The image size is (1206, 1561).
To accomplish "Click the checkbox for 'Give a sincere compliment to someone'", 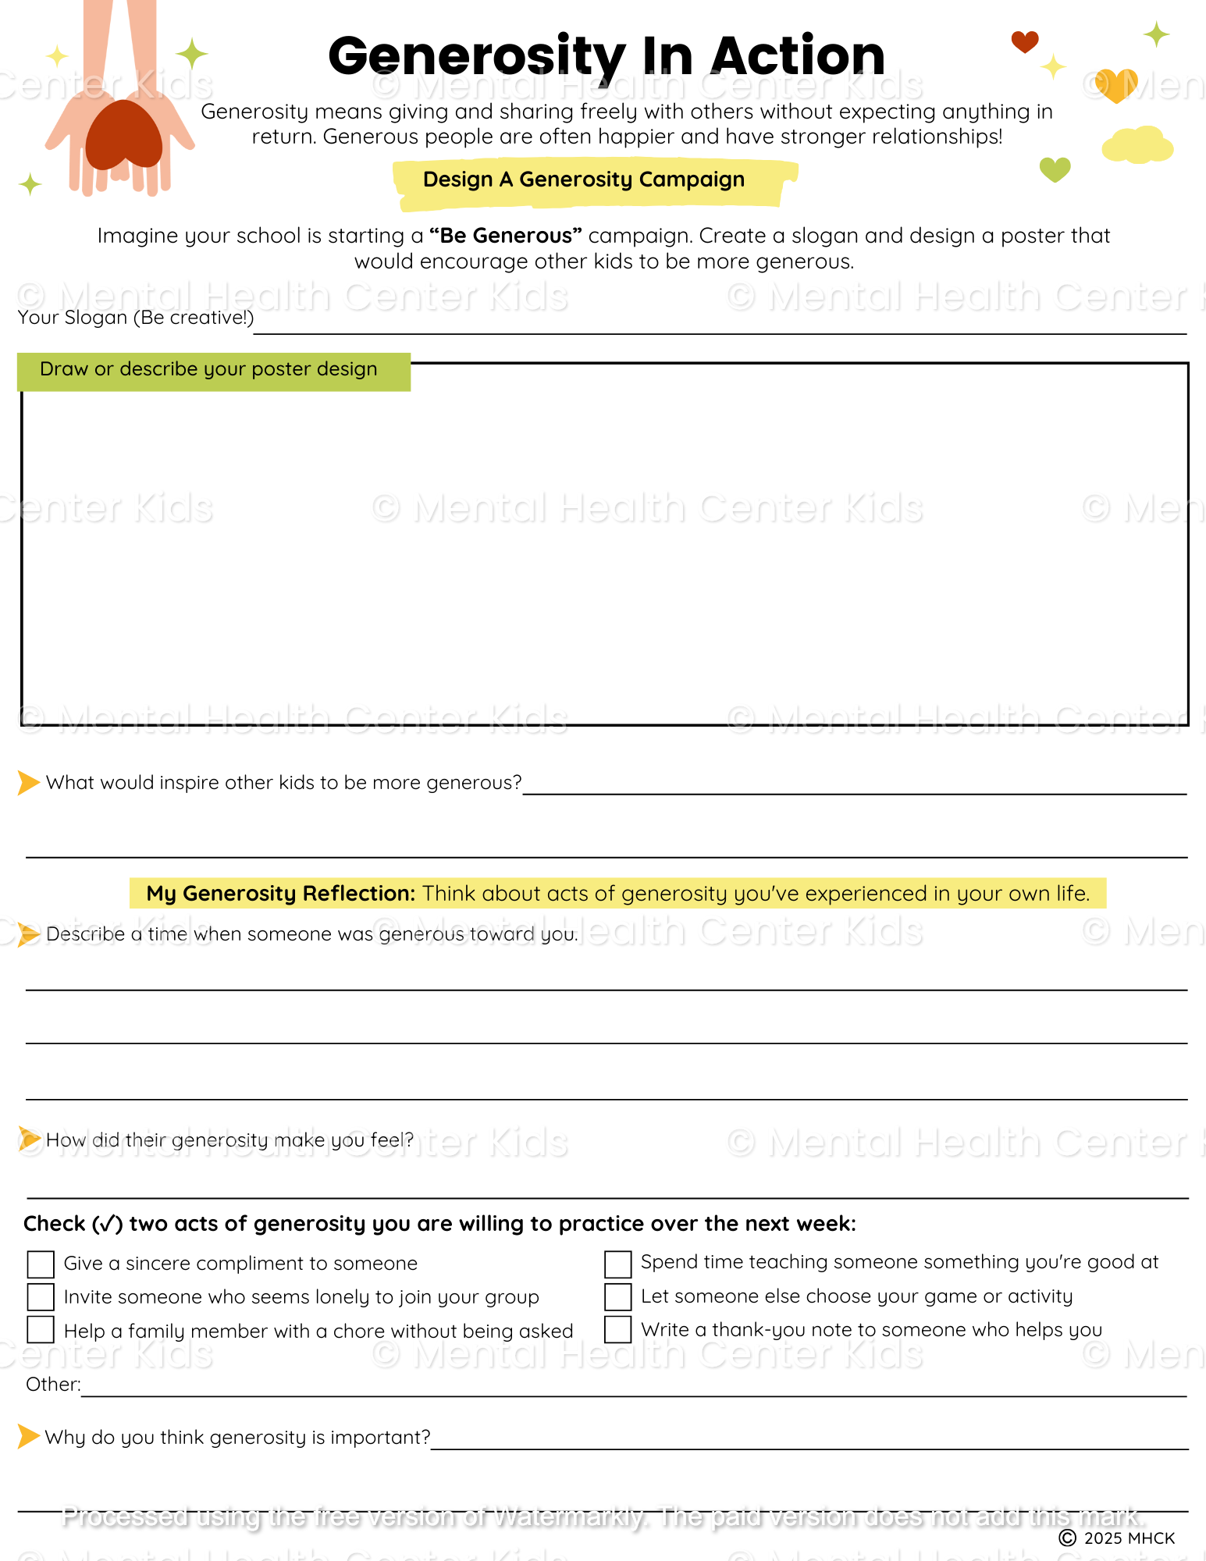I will [x=41, y=1264].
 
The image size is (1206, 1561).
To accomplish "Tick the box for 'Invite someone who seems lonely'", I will [x=41, y=1297].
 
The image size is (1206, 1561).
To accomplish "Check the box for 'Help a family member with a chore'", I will [x=41, y=1330].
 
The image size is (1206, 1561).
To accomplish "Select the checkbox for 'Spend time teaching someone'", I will [x=617, y=1264].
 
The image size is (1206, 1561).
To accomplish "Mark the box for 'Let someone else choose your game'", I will [x=617, y=1297].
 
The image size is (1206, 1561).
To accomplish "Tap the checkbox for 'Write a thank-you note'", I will [x=617, y=1330].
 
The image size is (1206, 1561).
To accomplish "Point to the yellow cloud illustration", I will [x=1137, y=146].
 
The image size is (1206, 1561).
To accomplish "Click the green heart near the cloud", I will [x=1055, y=169].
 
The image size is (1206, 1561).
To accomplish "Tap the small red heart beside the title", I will [x=1024, y=41].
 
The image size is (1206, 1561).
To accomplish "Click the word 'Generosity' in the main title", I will [x=476, y=56].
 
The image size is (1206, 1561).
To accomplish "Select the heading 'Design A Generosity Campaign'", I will [x=584, y=180].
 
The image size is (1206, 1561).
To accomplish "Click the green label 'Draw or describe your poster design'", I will [x=208, y=369].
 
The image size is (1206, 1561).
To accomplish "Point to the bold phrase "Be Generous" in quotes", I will [x=506, y=236].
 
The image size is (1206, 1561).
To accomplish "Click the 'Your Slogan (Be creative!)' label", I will [x=136, y=318].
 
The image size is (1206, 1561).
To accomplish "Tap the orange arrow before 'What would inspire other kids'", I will [x=28, y=782].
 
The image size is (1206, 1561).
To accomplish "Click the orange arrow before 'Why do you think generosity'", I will [x=28, y=1436].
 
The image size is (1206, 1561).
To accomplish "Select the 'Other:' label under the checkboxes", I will [x=53, y=1385].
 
